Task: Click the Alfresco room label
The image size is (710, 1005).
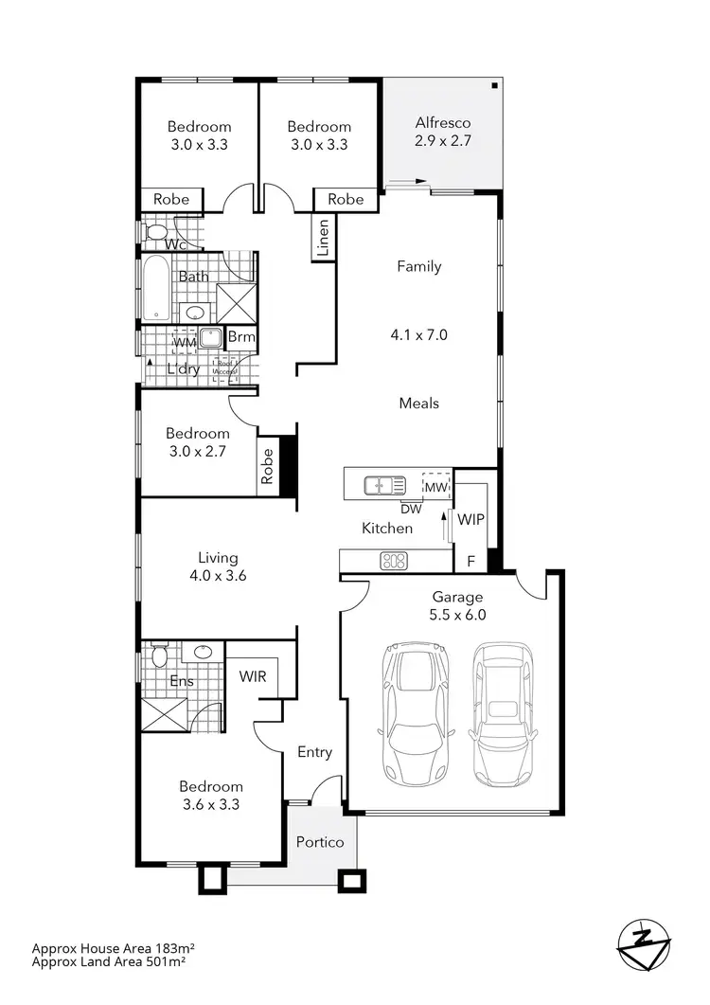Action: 443,123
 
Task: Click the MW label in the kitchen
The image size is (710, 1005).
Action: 435,487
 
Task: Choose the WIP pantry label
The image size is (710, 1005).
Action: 470,520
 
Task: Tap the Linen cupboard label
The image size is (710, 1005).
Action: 323,238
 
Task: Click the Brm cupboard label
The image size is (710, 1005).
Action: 237,338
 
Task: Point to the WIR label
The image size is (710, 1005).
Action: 252,676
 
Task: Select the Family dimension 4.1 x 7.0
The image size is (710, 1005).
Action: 418,334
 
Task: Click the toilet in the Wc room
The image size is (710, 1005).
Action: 157,232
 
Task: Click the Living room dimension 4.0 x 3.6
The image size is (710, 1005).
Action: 218,574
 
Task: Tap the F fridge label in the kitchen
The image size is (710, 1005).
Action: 470,561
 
